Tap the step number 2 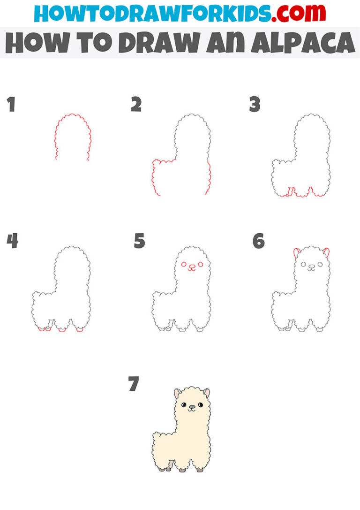coord(136,105)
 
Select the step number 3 coord(255,105)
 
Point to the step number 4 coord(12,241)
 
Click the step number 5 coord(139,241)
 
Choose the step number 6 coord(258,241)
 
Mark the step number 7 coord(134,384)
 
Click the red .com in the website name coord(293,14)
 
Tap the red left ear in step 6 coord(296,253)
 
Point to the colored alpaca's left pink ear coord(177,393)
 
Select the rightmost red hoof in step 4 coord(80,330)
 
